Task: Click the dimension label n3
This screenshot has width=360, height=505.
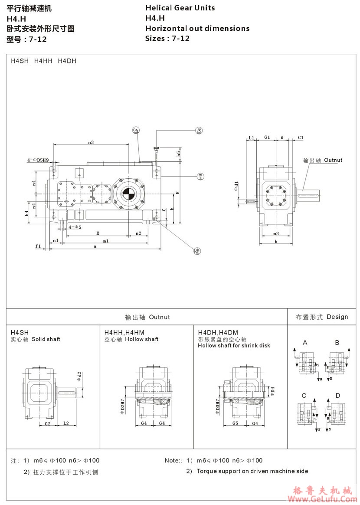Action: click(91, 142)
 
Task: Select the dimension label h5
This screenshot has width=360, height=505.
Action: click(179, 153)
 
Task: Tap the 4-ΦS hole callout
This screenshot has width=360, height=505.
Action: click(75, 226)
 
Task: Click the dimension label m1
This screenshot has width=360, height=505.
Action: click(105, 241)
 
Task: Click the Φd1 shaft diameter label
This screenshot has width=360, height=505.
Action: click(236, 186)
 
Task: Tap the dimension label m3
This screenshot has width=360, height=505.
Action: click(276, 233)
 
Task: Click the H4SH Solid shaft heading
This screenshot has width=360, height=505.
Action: click(36, 335)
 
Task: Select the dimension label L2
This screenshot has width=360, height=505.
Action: click(66, 423)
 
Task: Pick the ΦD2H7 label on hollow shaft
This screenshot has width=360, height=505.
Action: click(122, 407)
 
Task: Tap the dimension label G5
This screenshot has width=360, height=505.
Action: click(236, 423)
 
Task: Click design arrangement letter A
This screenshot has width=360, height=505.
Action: click(305, 343)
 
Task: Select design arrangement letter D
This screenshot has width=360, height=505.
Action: click(337, 395)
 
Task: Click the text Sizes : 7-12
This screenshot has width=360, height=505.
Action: click(167, 38)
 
